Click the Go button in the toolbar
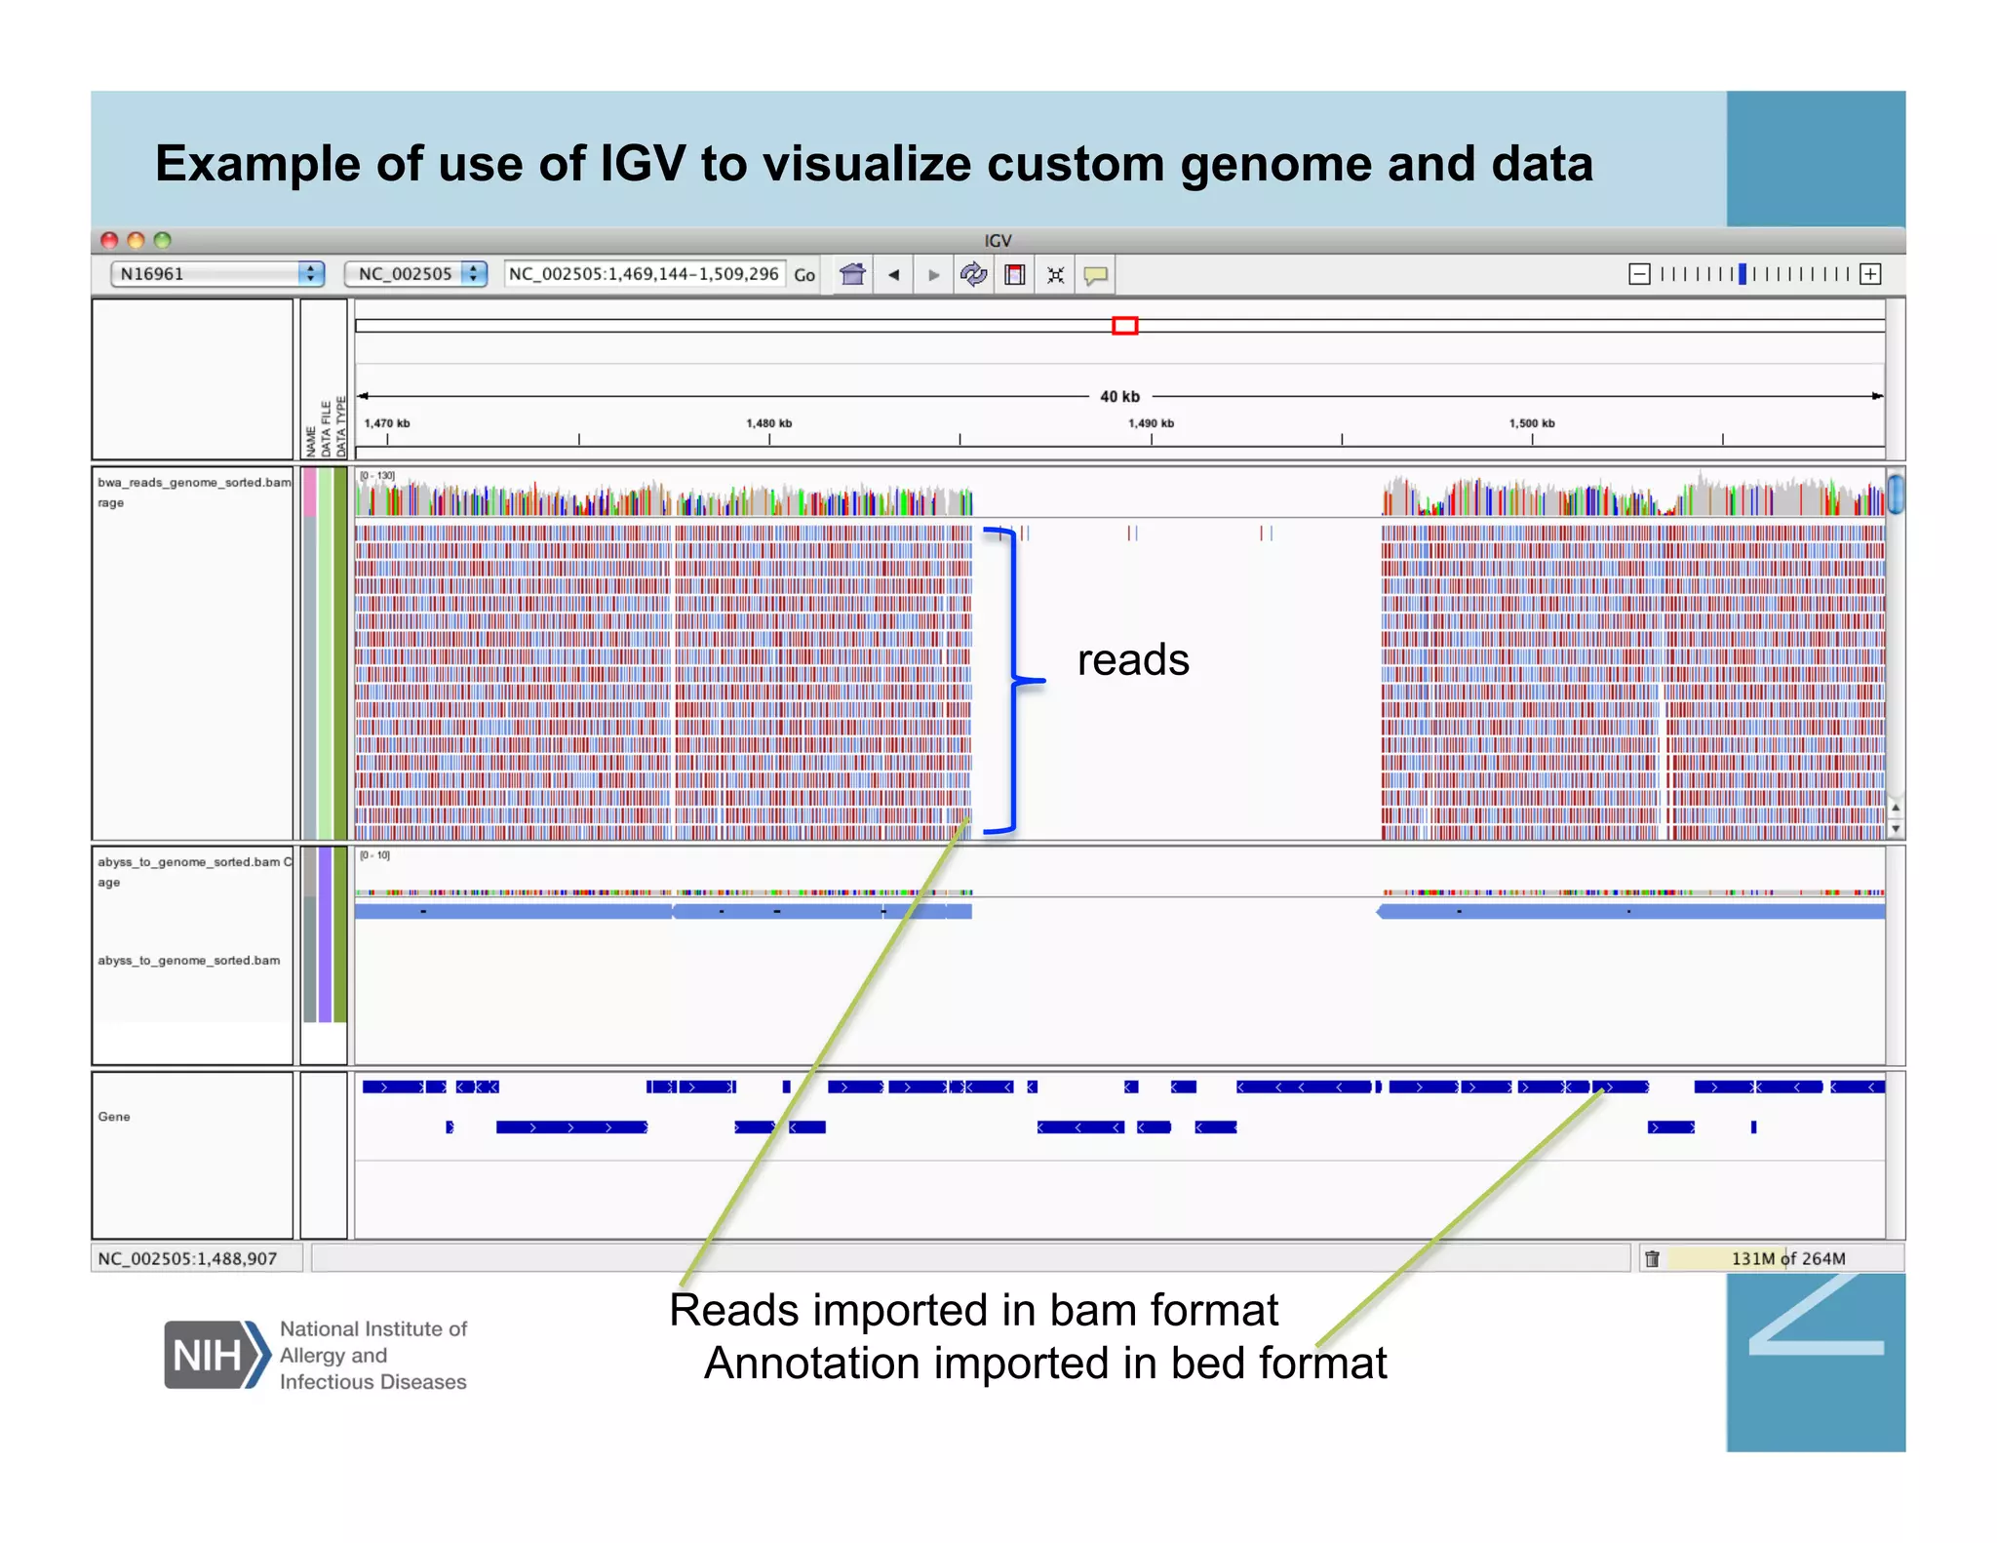click(803, 275)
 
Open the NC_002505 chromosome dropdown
click(415, 274)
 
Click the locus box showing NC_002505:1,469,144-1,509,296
click(644, 274)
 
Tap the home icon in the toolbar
click(852, 275)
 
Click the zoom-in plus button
click(1869, 274)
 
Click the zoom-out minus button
click(1639, 274)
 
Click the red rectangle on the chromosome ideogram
click(1124, 326)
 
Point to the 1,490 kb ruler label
click(1151, 423)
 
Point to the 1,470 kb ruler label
click(387, 423)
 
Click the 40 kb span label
click(1119, 396)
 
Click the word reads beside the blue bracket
click(1133, 660)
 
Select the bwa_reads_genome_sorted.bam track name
click(194, 483)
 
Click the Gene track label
click(114, 1117)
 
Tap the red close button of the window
click(109, 240)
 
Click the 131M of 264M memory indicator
click(1787, 1258)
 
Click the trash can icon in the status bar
click(1652, 1258)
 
